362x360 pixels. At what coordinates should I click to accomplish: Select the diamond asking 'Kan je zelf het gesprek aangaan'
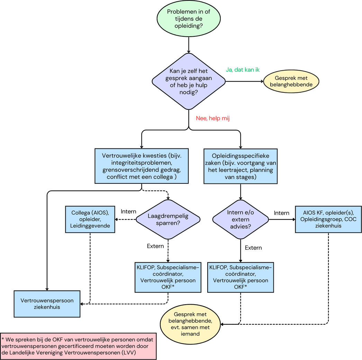click(x=189, y=82)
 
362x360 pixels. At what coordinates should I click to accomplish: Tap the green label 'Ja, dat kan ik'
click(x=242, y=70)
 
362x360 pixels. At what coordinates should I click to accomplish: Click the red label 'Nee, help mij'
click(x=213, y=118)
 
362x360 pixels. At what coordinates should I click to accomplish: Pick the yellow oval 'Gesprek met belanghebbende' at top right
click(x=291, y=82)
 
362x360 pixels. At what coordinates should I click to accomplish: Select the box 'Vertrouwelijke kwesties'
click(x=142, y=166)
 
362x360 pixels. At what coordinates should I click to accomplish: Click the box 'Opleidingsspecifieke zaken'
click(x=241, y=166)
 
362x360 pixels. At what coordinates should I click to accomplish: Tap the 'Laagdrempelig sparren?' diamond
click(x=168, y=219)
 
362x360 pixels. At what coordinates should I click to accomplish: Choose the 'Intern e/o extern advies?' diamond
click(x=241, y=219)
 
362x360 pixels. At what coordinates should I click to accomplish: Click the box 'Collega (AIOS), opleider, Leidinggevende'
click(x=90, y=219)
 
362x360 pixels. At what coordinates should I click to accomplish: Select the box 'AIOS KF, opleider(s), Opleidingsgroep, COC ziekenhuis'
click(x=328, y=219)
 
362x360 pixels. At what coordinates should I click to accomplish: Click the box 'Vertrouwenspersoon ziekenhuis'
click(x=47, y=304)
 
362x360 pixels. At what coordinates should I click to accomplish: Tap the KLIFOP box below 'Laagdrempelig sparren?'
click(x=168, y=277)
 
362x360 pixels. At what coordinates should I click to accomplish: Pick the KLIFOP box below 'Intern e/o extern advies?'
click(x=241, y=277)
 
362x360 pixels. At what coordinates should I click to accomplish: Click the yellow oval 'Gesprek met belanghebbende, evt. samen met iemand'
click(x=191, y=323)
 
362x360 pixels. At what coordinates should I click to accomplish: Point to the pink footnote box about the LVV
click(x=79, y=346)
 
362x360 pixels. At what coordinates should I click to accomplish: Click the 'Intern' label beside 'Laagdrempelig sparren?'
click(x=128, y=211)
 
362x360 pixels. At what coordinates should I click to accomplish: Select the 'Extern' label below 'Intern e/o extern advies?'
click(x=253, y=248)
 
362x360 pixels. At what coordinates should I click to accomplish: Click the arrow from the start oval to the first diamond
click(x=189, y=45)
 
